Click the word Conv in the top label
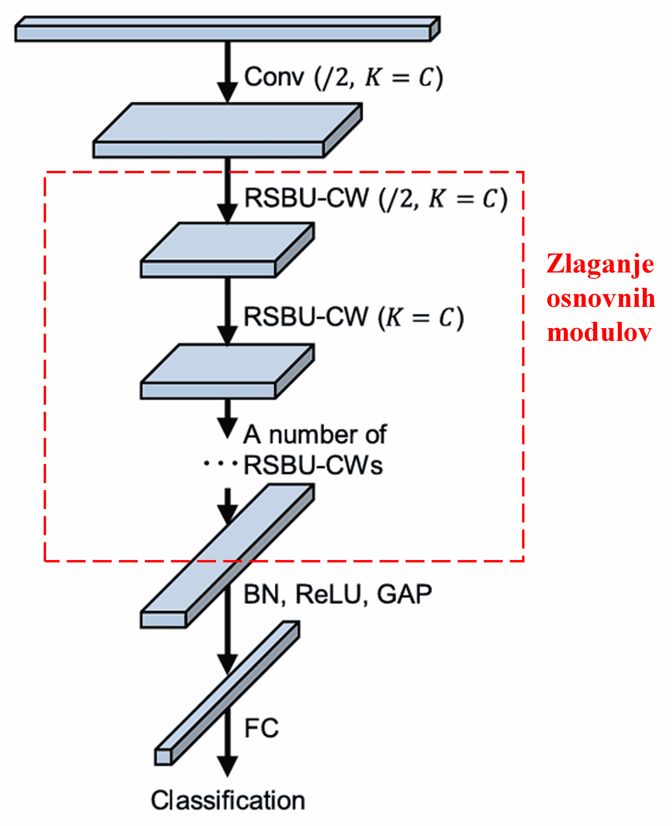coord(274,77)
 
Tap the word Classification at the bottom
coord(228,800)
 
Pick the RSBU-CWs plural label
coord(313,465)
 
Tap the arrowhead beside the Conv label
coord(227,92)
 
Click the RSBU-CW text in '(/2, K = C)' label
coord(306,198)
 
